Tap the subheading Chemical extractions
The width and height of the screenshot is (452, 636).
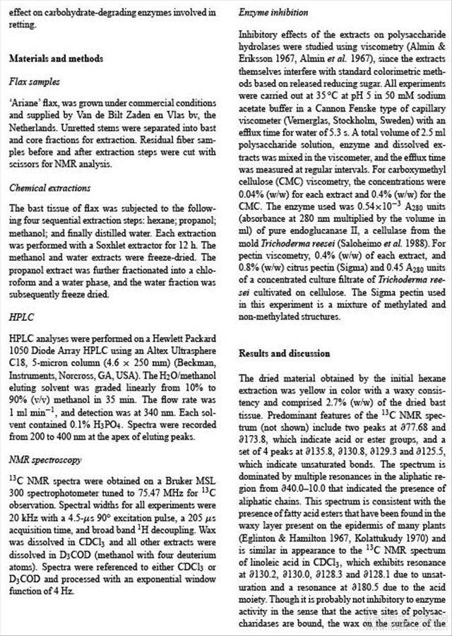pyautogui.click(x=49, y=189)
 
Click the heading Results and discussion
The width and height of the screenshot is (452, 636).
pyautogui.click(x=284, y=353)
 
